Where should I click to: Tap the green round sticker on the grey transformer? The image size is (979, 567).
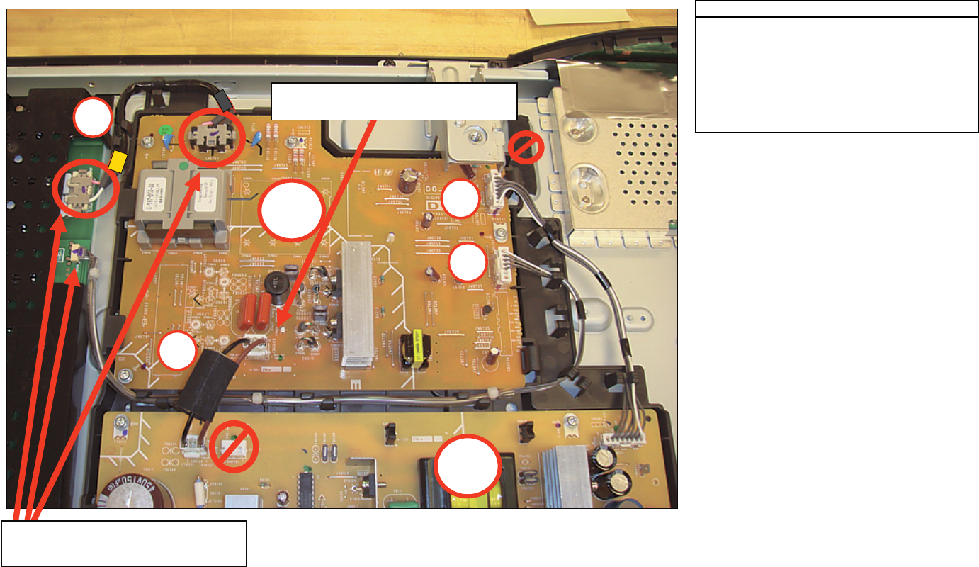[x=184, y=168]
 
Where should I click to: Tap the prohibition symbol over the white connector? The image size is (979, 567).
[x=232, y=444]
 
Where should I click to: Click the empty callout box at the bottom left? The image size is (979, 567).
[x=124, y=543]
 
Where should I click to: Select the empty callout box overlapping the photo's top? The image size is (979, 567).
[x=394, y=101]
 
